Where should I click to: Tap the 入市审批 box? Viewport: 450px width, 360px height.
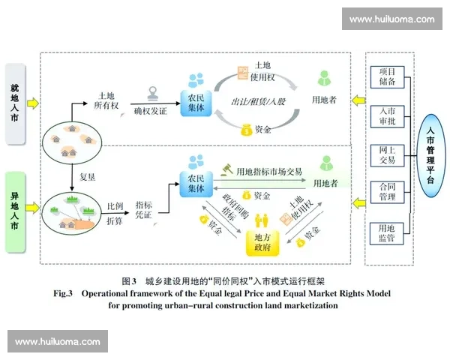pyautogui.click(x=388, y=115)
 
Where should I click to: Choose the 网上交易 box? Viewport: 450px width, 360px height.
pyautogui.click(x=388, y=155)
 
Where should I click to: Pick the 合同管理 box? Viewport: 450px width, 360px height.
pyautogui.click(x=388, y=192)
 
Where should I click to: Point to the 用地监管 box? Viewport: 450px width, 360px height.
pyautogui.click(x=388, y=233)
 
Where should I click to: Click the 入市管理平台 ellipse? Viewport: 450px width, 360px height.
pyautogui.click(x=430, y=156)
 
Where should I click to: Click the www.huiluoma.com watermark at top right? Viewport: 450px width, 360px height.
pyautogui.click(x=391, y=19)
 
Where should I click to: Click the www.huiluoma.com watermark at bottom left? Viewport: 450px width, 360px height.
pyautogui.click(x=57, y=341)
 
